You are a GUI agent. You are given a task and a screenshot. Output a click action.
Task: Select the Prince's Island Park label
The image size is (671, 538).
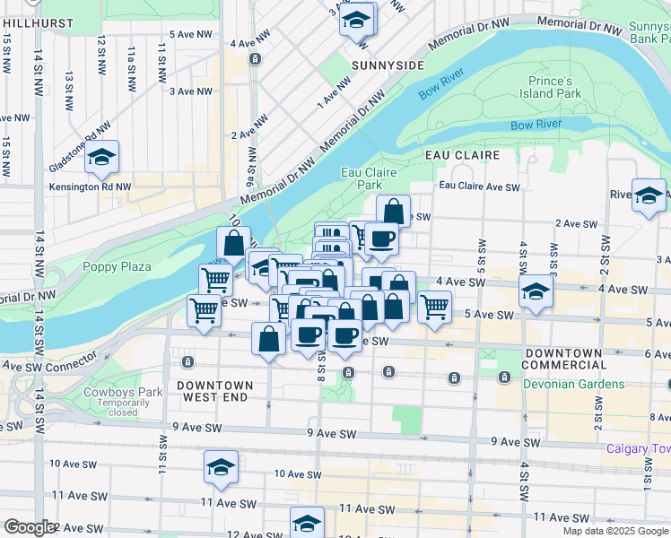pyautogui.click(x=550, y=87)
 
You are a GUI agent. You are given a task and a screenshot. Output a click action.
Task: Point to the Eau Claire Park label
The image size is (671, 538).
pyautogui.click(x=368, y=178)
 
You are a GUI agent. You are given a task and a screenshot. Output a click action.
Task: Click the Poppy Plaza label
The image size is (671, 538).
pyautogui.click(x=117, y=266)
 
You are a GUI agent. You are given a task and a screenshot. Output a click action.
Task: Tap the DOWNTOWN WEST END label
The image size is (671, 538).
pyautogui.click(x=214, y=390)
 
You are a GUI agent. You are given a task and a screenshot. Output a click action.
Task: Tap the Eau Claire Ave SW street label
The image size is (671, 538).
pyautogui.click(x=479, y=187)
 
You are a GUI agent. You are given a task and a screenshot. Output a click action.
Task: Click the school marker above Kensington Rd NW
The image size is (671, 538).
pyautogui.click(x=102, y=158)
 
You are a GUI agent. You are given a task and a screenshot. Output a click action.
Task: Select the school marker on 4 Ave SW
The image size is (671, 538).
pyautogui.click(x=536, y=291)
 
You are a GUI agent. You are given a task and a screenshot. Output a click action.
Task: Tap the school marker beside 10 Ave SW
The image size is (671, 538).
pyautogui.click(x=221, y=466)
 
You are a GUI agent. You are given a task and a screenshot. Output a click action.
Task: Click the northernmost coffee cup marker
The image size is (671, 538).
pyautogui.click(x=381, y=238)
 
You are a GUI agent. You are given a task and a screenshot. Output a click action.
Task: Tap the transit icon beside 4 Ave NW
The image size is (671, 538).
pyautogui.click(x=256, y=59)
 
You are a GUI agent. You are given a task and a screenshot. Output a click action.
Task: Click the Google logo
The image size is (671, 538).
pyautogui.click(x=30, y=527)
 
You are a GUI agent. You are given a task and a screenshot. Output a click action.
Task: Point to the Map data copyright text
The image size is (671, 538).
pyautogui.click(x=615, y=531)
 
